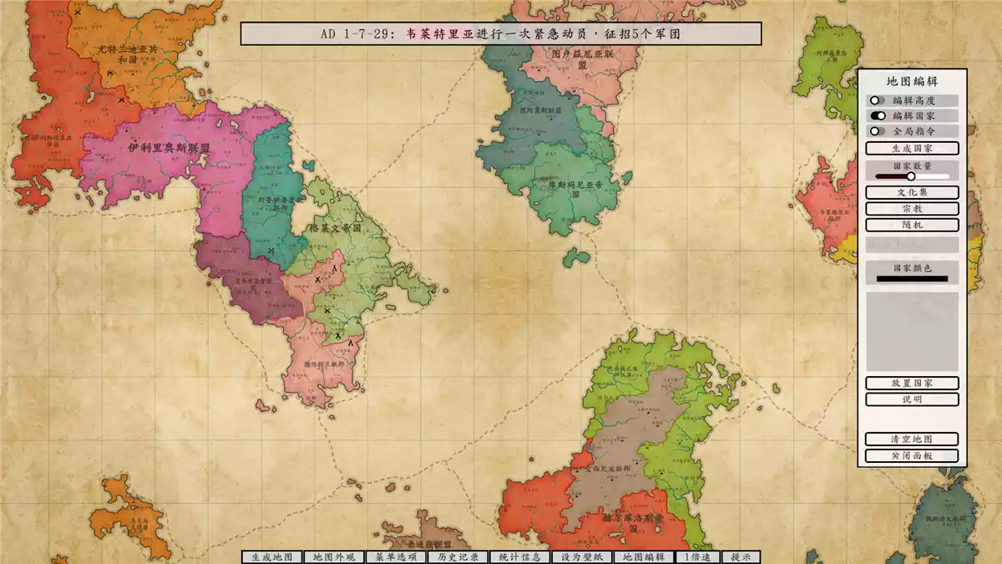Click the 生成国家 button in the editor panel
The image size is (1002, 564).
pos(912,148)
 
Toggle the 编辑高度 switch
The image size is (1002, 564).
pos(876,100)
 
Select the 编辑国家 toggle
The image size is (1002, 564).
pos(876,115)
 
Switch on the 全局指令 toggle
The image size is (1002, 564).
pos(876,131)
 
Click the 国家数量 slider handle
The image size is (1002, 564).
pos(911,176)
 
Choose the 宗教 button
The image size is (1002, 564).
pos(912,209)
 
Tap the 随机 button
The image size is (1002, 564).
pos(912,225)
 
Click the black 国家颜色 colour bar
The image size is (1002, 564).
pos(912,278)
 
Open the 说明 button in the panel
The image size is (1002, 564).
pos(912,399)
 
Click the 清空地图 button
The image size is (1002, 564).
pos(912,439)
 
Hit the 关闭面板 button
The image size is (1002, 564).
pos(912,455)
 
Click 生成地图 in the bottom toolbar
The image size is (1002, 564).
pos(271,557)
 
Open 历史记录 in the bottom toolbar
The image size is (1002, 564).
pos(458,557)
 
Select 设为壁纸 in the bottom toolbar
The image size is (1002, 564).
pos(582,557)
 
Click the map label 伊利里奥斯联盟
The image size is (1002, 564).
pos(169,147)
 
